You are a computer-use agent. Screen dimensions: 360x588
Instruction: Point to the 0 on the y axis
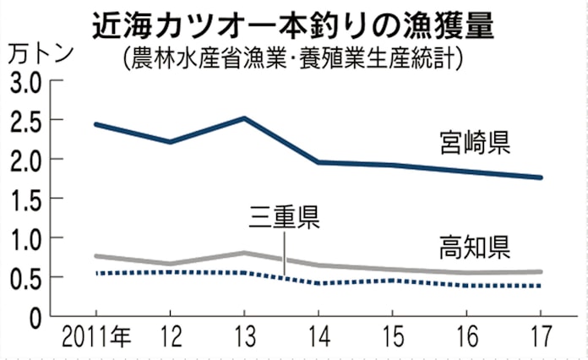(x=35, y=317)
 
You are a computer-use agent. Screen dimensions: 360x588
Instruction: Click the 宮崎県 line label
(x=474, y=140)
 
